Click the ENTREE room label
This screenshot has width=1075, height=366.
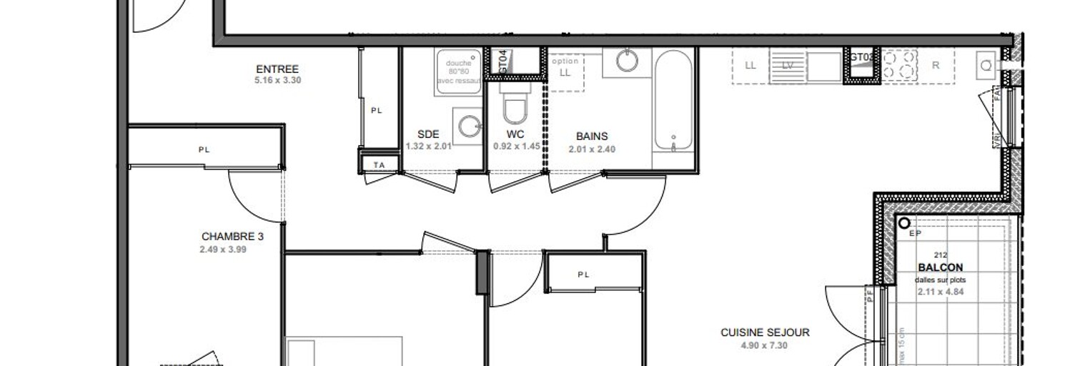click(x=277, y=69)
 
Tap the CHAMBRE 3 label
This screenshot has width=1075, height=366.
click(x=232, y=237)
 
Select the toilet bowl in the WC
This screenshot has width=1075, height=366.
click(x=514, y=109)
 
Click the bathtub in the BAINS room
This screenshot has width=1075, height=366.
click(x=673, y=99)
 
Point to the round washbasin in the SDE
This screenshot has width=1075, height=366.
click(x=470, y=127)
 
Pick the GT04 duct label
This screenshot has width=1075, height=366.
click(x=502, y=60)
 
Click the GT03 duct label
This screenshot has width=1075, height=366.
click(x=861, y=56)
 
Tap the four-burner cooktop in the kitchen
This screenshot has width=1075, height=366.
click(x=899, y=64)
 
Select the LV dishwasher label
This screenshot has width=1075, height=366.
click(x=788, y=65)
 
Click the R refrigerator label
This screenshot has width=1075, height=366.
click(x=935, y=65)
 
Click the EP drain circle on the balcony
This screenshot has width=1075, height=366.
click(x=905, y=223)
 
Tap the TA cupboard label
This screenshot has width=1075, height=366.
click(x=379, y=164)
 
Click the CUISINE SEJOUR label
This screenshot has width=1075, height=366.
click(x=765, y=332)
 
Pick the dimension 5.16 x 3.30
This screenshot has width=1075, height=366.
click(x=277, y=81)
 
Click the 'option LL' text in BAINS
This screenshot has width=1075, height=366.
click(x=565, y=67)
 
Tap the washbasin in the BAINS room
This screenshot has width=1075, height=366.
click(x=628, y=61)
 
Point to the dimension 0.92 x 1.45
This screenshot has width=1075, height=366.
click(x=516, y=147)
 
